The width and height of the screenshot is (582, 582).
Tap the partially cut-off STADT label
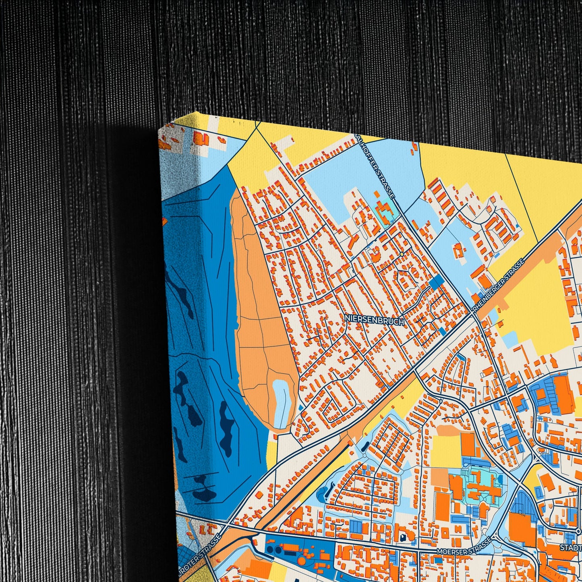(571, 548)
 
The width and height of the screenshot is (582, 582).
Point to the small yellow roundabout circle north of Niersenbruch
(402, 254)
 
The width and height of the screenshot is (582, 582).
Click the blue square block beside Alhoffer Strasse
(435, 283)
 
